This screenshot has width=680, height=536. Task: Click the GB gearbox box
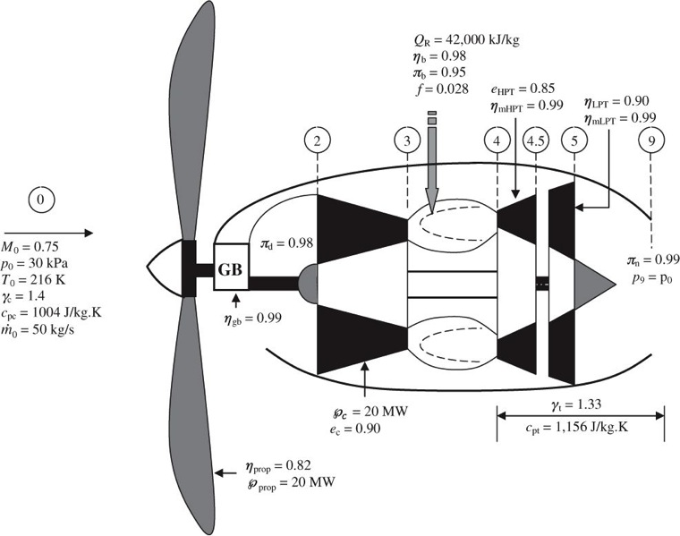point(231,266)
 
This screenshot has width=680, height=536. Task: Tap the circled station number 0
point(41,201)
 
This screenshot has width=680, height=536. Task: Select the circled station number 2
point(318,140)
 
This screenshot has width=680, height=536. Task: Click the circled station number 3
point(406,140)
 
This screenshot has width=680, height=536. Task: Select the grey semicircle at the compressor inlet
point(308,279)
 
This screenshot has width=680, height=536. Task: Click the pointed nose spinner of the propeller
point(163,266)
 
